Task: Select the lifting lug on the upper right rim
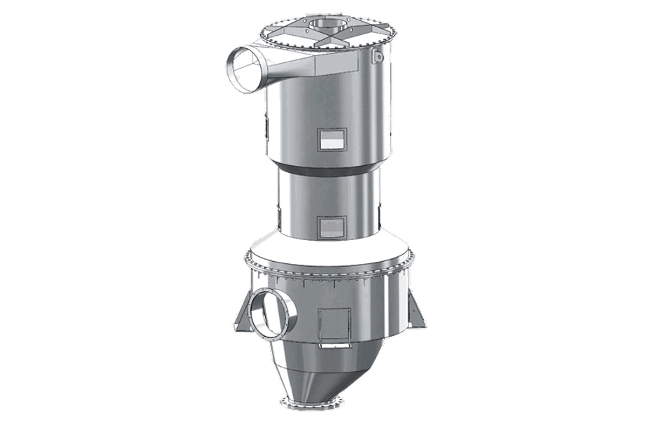378,56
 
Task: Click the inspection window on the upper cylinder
332,139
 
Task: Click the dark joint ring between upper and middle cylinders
329,168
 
